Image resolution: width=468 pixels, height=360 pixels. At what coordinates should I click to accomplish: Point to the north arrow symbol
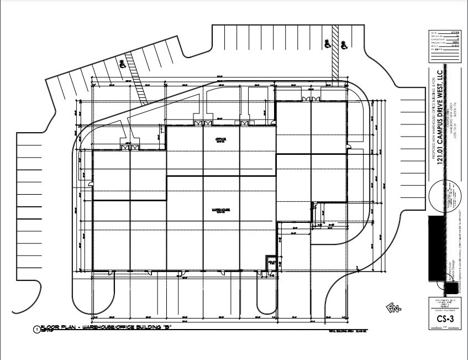[x=393, y=307]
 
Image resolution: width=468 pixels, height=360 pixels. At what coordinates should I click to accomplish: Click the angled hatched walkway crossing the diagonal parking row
[x=136, y=77]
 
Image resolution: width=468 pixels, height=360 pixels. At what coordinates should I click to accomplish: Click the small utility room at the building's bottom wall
[x=271, y=263]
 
